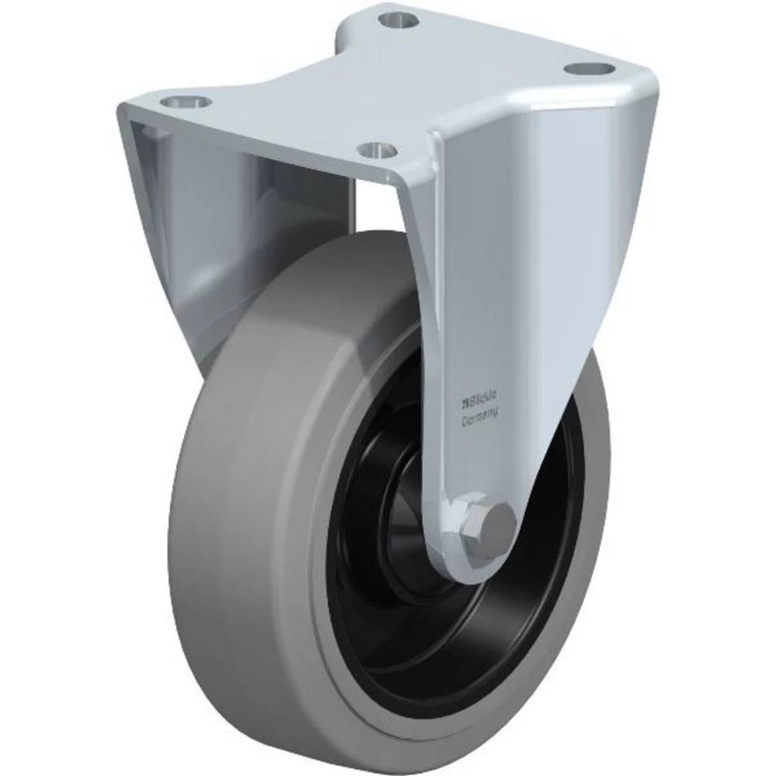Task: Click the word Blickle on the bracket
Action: pos(480,401)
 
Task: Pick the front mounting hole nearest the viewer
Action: pos(379,147)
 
